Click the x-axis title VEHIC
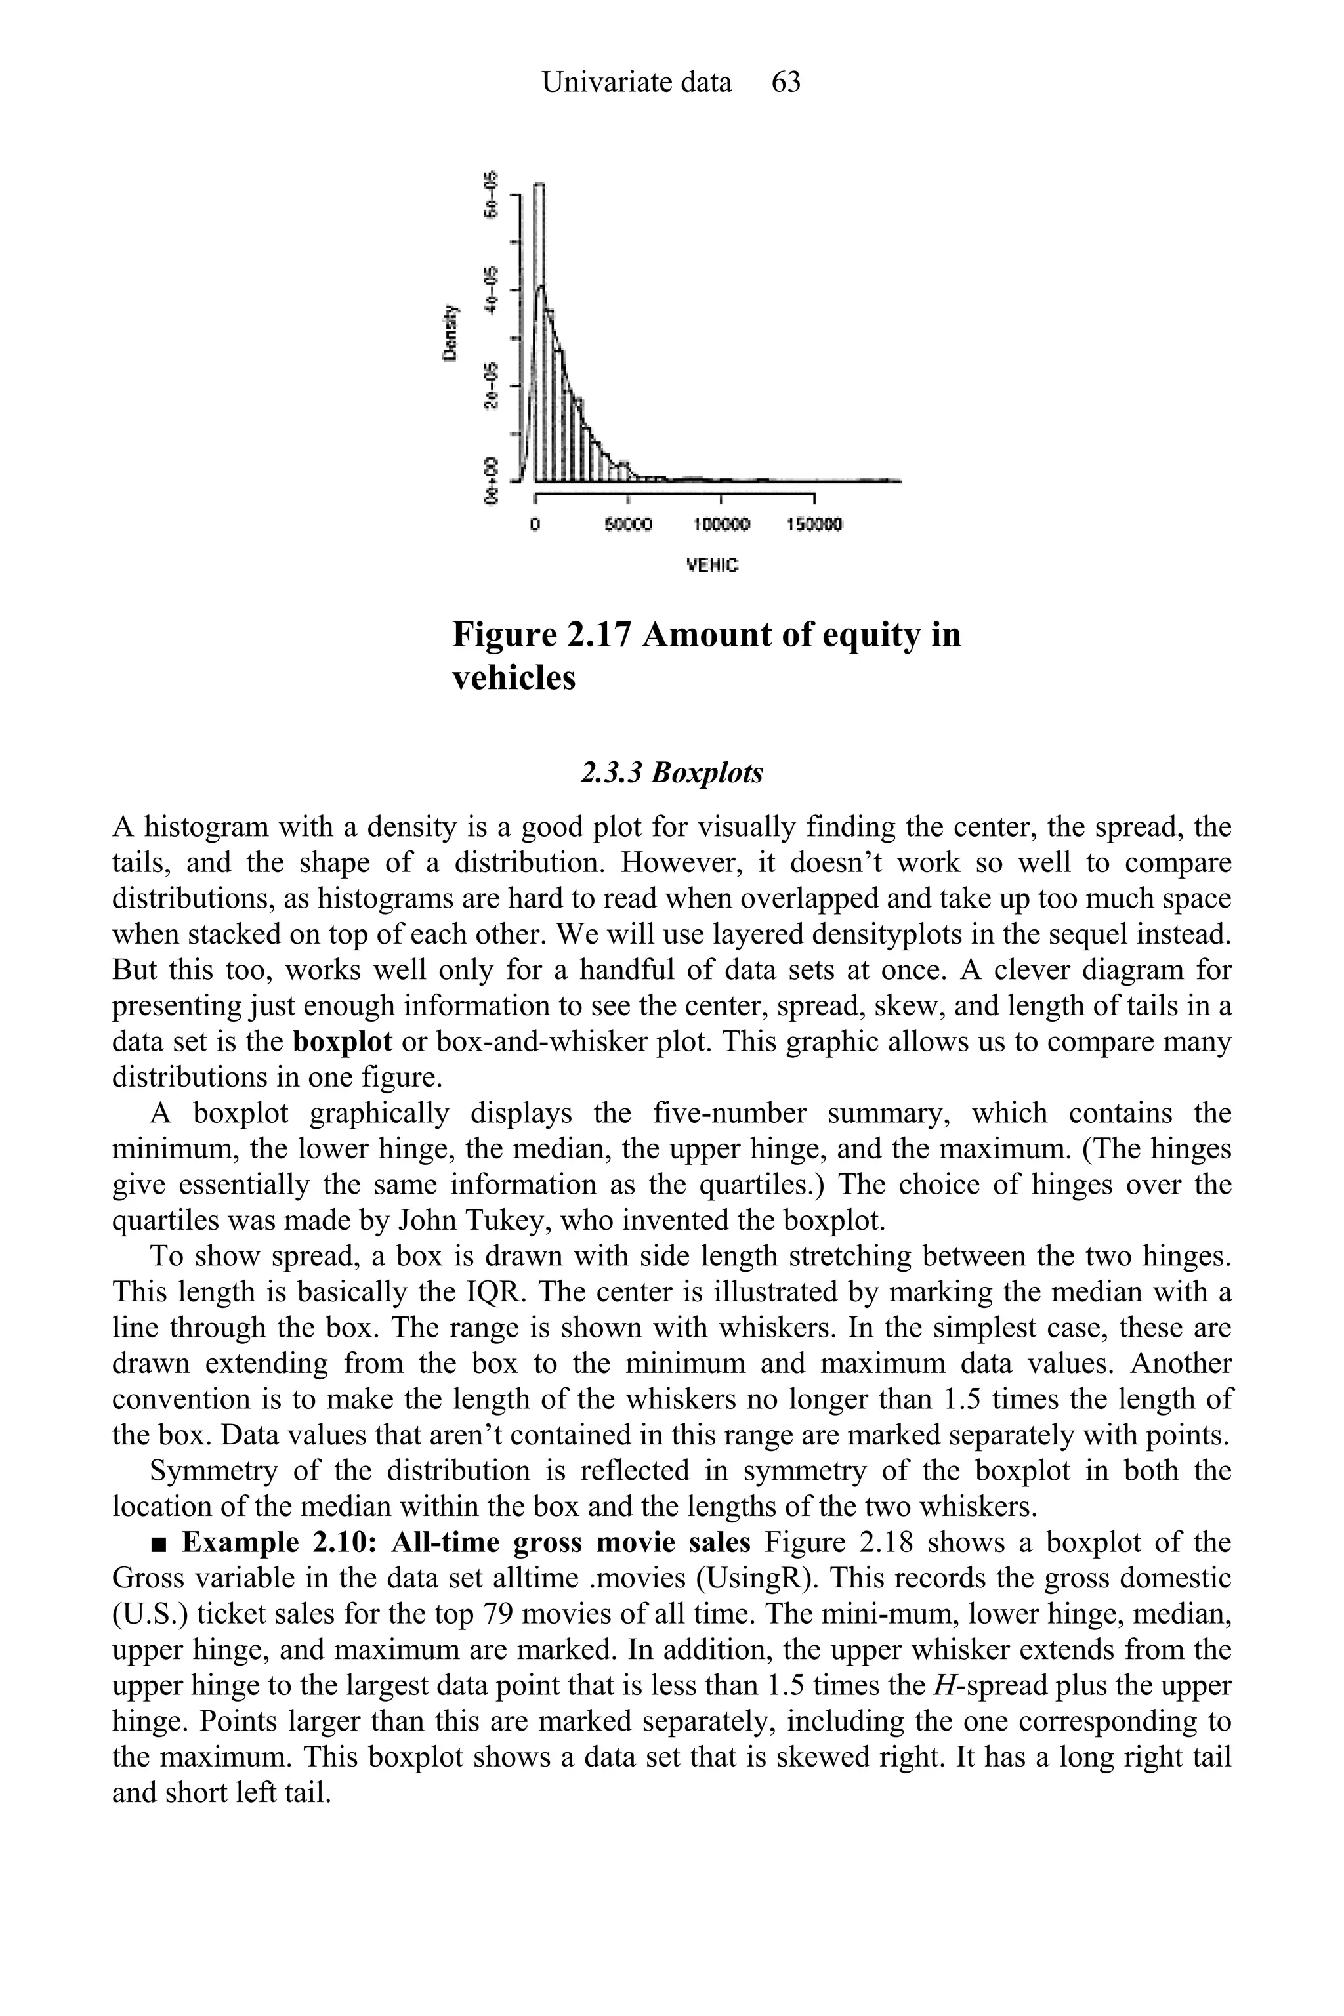pos(712,566)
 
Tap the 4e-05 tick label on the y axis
pos(490,288)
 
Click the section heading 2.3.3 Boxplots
pos(671,773)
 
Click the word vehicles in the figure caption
pos(513,678)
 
